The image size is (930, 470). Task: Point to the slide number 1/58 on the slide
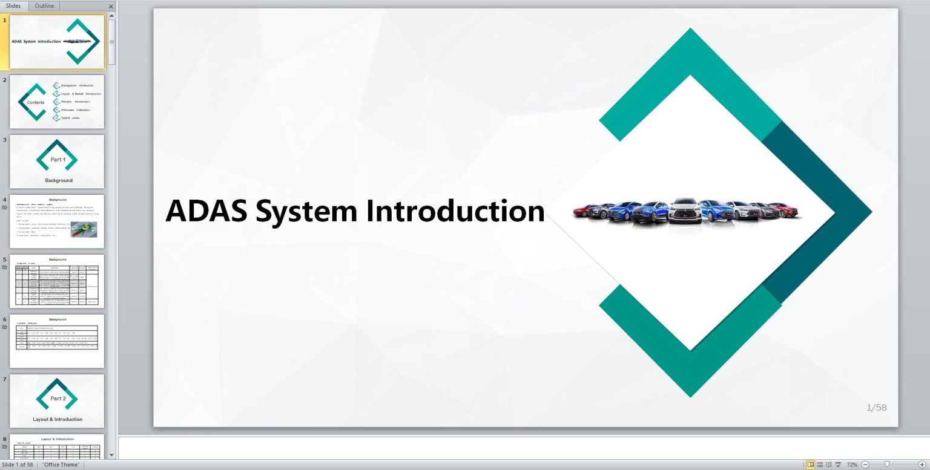[876, 408]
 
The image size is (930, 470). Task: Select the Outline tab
[44, 5]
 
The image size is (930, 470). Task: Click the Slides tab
[13, 5]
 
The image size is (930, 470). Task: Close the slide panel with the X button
[111, 6]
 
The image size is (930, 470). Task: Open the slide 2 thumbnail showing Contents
[57, 102]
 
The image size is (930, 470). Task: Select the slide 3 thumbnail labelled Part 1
[57, 161]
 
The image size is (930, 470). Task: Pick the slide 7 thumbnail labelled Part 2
[57, 400]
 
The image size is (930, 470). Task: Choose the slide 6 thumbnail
[57, 341]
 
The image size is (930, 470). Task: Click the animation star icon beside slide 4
[5, 207]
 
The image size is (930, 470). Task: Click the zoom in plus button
[922, 465]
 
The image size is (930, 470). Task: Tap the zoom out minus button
[865, 465]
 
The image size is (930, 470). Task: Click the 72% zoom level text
[852, 465]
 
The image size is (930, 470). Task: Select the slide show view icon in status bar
[838, 465]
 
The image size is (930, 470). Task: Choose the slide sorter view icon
[820, 465]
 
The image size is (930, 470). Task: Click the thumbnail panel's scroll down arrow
[111, 454]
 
